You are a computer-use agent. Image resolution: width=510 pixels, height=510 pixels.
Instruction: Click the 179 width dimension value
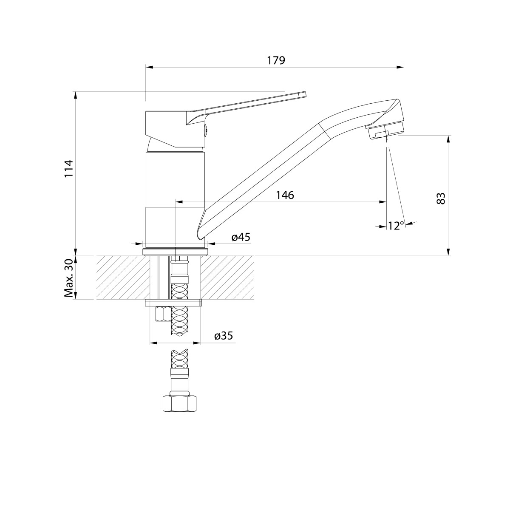[x=276, y=61]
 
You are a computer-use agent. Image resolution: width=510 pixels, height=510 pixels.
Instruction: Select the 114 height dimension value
[x=69, y=169]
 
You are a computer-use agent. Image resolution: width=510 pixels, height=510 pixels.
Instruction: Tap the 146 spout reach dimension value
[x=285, y=195]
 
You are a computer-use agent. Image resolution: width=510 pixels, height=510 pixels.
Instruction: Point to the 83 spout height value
[x=441, y=198]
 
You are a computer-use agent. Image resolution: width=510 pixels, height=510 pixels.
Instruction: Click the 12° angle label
[x=396, y=225]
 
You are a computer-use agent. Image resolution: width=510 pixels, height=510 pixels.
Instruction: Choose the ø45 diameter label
[x=241, y=237]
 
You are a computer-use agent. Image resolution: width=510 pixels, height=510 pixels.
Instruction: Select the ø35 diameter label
[x=224, y=336]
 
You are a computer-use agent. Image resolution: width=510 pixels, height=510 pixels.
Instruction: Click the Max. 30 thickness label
[x=68, y=278]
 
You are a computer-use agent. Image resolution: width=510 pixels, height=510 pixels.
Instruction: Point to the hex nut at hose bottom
[x=179, y=404]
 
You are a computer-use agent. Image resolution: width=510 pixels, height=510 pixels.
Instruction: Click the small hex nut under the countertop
[x=162, y=314]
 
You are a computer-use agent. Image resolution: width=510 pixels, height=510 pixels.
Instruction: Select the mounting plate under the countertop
[x=174, y=303]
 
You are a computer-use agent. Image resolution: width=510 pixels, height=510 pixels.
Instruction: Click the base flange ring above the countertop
[x=175, y=252]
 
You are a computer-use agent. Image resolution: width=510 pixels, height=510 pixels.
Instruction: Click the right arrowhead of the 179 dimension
[x=400, y=67]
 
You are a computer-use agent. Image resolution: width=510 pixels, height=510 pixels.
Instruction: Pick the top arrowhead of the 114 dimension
[x=75, y=96]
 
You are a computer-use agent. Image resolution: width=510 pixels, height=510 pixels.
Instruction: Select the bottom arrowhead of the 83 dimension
[x=449, y=252]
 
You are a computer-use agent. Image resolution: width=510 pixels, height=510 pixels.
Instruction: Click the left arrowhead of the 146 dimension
[x=179, y=202]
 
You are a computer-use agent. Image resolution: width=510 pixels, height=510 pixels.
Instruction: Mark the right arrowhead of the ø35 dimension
[x=197, y=343]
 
